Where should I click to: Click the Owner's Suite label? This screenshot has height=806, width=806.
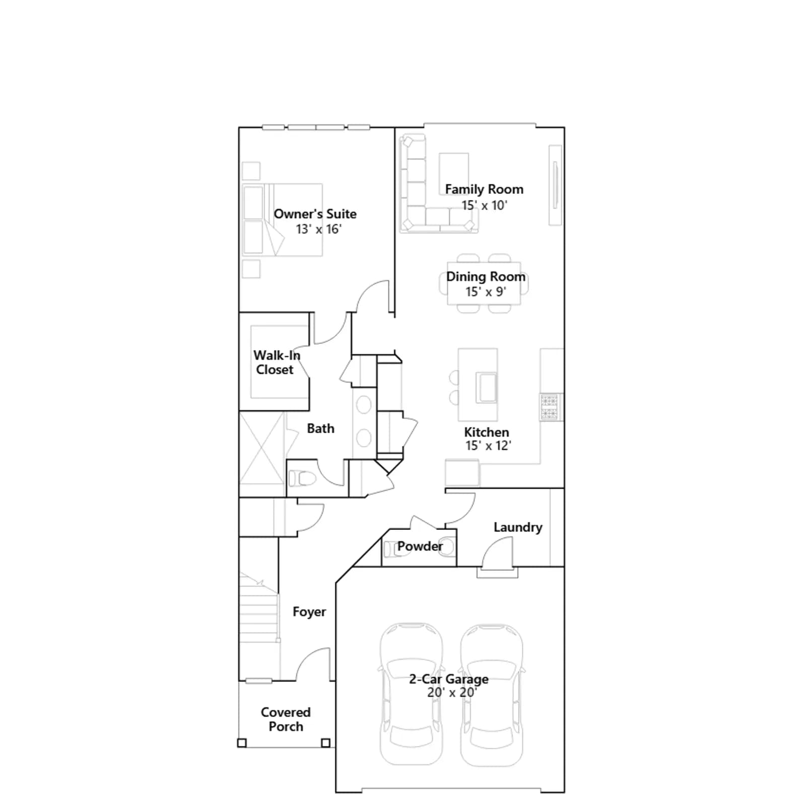(315, 214)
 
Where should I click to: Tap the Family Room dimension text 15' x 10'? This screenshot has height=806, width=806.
(484, 206)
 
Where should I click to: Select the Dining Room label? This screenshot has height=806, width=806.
(486, 277)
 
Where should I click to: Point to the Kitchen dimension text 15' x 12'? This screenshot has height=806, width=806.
(488, 446)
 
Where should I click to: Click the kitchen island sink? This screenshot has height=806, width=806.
(486, 387)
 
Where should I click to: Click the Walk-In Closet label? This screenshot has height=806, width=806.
(277, 363)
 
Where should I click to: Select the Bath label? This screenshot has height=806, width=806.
(320, 429)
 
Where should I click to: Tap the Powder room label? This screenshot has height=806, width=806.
(420, 546)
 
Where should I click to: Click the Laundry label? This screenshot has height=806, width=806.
(518, 527)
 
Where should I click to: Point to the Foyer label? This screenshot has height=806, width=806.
(309, 612)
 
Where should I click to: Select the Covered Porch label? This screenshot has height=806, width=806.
(286, 719)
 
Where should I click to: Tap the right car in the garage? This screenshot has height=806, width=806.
(492, 695)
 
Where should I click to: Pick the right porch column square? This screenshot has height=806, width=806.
(325, 743)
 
